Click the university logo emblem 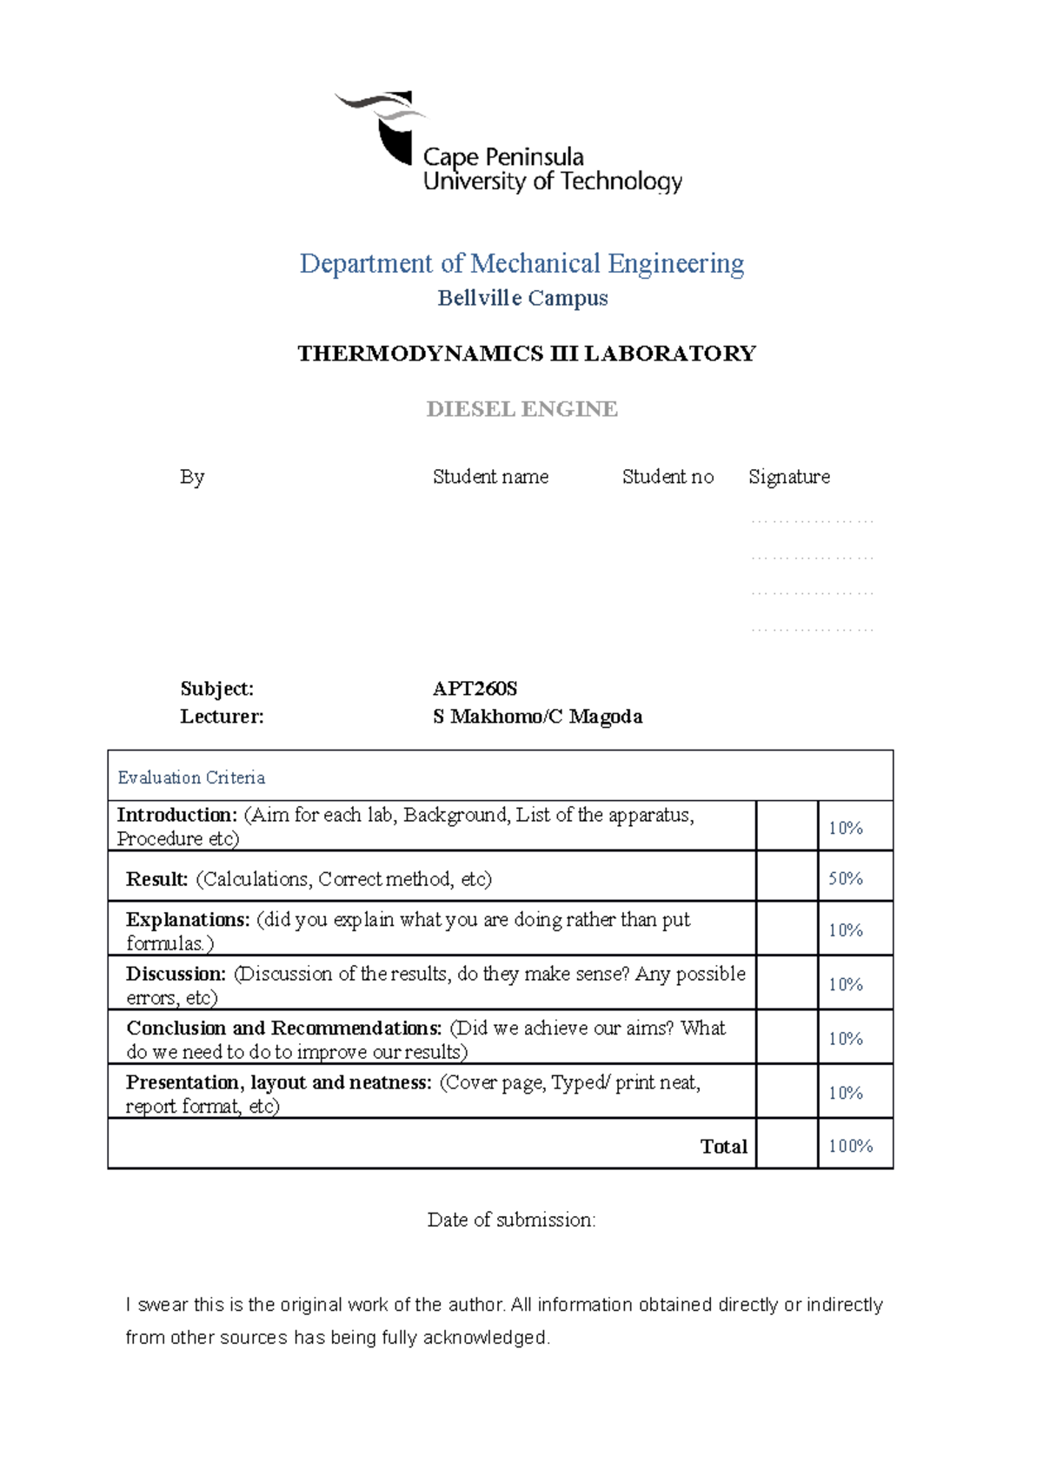pos(382,126)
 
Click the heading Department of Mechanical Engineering pos(521,263)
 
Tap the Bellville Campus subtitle pos(522,298)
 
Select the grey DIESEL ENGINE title pos(521,409)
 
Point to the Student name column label pos(490,477)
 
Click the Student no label pos(668,477)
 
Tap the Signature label pos(789,477)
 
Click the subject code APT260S pos(475,689)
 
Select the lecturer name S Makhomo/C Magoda pos(537,717)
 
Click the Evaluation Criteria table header pos(191,777)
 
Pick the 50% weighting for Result pos(845,878)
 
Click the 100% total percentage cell pos(850,1146)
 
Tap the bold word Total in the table pos(723,1147)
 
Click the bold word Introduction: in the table pos(177,815)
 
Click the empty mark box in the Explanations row pos(787,929)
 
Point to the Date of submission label pos(511,1220)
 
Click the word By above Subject pos(192,477)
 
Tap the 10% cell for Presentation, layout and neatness pos(845,1092)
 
